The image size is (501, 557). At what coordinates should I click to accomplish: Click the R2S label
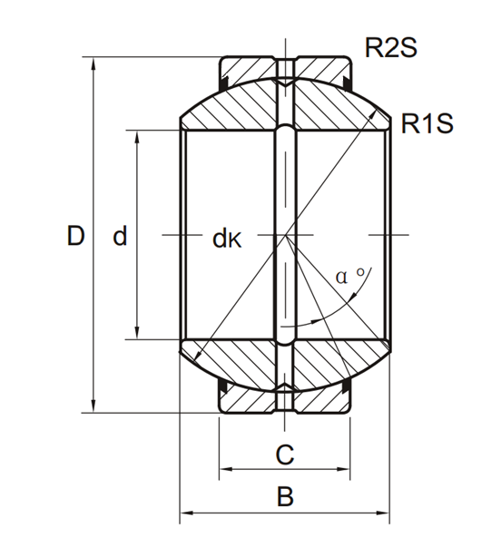pos(390,47)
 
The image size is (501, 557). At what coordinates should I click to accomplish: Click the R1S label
pos(427,123)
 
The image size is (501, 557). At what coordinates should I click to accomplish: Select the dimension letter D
pos(75,236)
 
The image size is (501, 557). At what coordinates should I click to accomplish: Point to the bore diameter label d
pos(120,236)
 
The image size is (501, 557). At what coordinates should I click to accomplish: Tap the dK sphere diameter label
pos(227,239)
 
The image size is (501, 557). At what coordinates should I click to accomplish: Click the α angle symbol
pos(341,277)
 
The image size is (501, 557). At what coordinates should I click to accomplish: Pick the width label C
pos(285,454)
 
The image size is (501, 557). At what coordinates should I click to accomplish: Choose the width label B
pos(285,496)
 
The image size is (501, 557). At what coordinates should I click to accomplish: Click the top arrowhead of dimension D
pos(93,64)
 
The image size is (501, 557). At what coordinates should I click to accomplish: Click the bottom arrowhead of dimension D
pos(93,406)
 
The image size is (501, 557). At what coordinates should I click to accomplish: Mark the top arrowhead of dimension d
pos(137,138)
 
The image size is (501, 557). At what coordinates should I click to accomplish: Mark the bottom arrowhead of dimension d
pos(137,333)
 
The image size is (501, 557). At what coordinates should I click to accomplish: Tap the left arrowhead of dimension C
pos(226,469)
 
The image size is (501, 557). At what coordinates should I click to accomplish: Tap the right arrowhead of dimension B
pos(382,513)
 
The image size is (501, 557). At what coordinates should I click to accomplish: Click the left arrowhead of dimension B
pos(187,513)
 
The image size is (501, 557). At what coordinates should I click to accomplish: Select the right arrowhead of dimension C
pos(343,469)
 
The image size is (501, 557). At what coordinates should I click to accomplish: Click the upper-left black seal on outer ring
pos(224,82)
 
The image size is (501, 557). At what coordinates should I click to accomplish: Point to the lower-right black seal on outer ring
pos(347,388)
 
